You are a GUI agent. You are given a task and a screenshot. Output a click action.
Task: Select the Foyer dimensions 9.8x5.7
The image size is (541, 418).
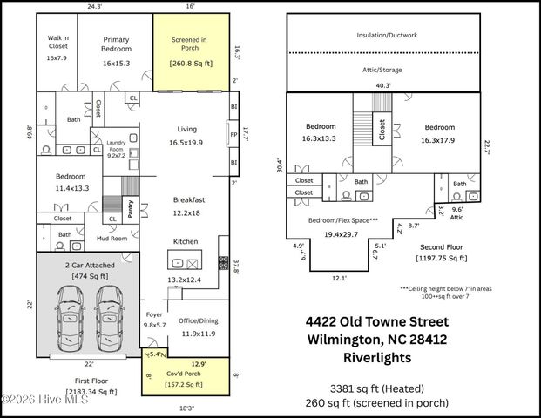click(x=152, y=325)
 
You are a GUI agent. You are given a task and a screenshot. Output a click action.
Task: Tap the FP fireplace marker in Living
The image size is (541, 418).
click(x=233, y=135)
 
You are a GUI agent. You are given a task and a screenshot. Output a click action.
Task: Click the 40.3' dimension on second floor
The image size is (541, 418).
click(x=382, y=85)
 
